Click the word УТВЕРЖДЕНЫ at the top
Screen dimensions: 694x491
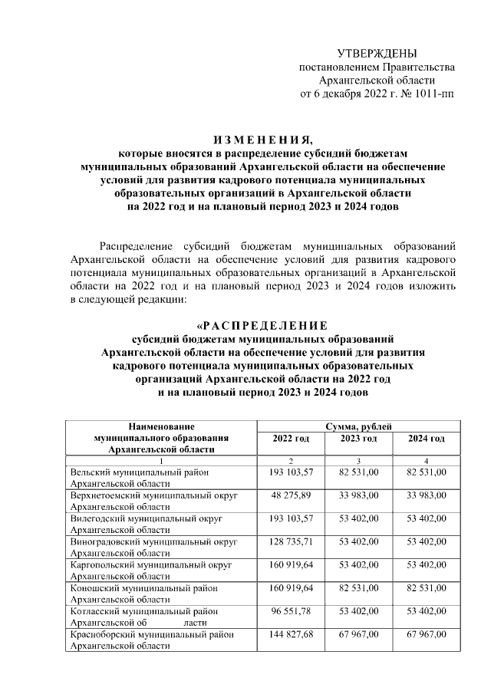pos(377,53)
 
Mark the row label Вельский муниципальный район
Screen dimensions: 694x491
pos(139,474)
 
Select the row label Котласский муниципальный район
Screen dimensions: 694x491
pos(143,612)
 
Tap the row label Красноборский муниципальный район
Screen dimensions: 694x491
pos(150,634)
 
